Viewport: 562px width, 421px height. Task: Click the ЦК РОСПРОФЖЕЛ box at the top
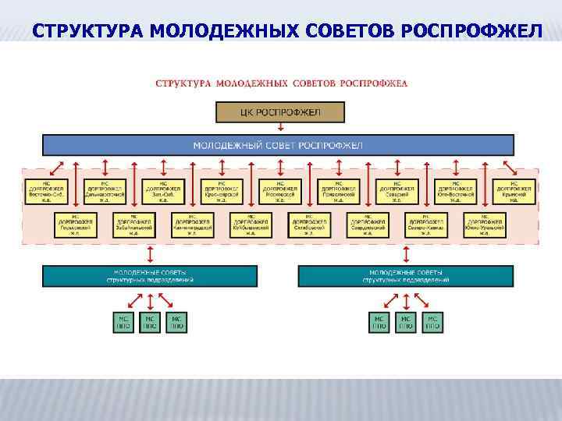tap(279, 113)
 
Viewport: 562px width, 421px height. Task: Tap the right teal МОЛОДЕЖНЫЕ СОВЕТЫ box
tap(407, 275)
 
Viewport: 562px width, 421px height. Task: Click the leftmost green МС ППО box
tap(123, 323)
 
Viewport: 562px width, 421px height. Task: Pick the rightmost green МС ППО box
tap(432, 323)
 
